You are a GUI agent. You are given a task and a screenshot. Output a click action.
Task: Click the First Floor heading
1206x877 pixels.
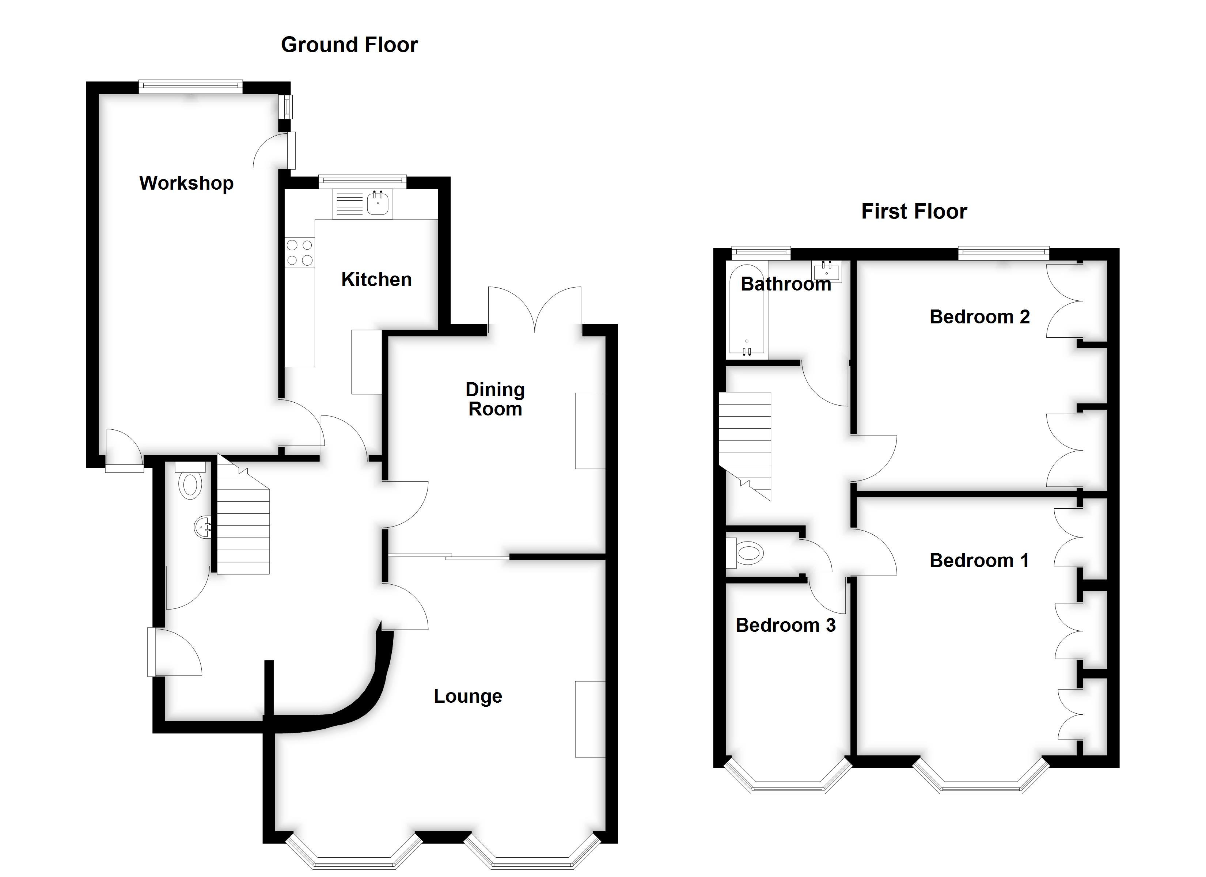pyautogui.click(x=914, y=212)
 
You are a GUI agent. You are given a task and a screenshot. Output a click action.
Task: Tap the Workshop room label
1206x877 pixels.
pyautogui.click(x=186, y=183)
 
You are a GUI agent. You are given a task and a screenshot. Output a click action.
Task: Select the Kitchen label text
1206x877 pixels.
pyautogui.click(x=376, y=280)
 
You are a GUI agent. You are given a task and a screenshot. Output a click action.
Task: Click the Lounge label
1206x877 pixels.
pyautogui.click(x=467, y=696)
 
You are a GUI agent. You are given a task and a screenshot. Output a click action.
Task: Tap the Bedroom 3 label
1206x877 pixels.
pyautogui.click(x=785, y=626)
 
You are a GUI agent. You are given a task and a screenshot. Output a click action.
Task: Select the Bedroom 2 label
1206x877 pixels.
pyautogui.click(x=979, y=317)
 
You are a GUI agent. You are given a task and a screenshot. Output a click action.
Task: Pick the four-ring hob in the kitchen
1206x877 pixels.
pyautogui.click(x=299, y=253)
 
